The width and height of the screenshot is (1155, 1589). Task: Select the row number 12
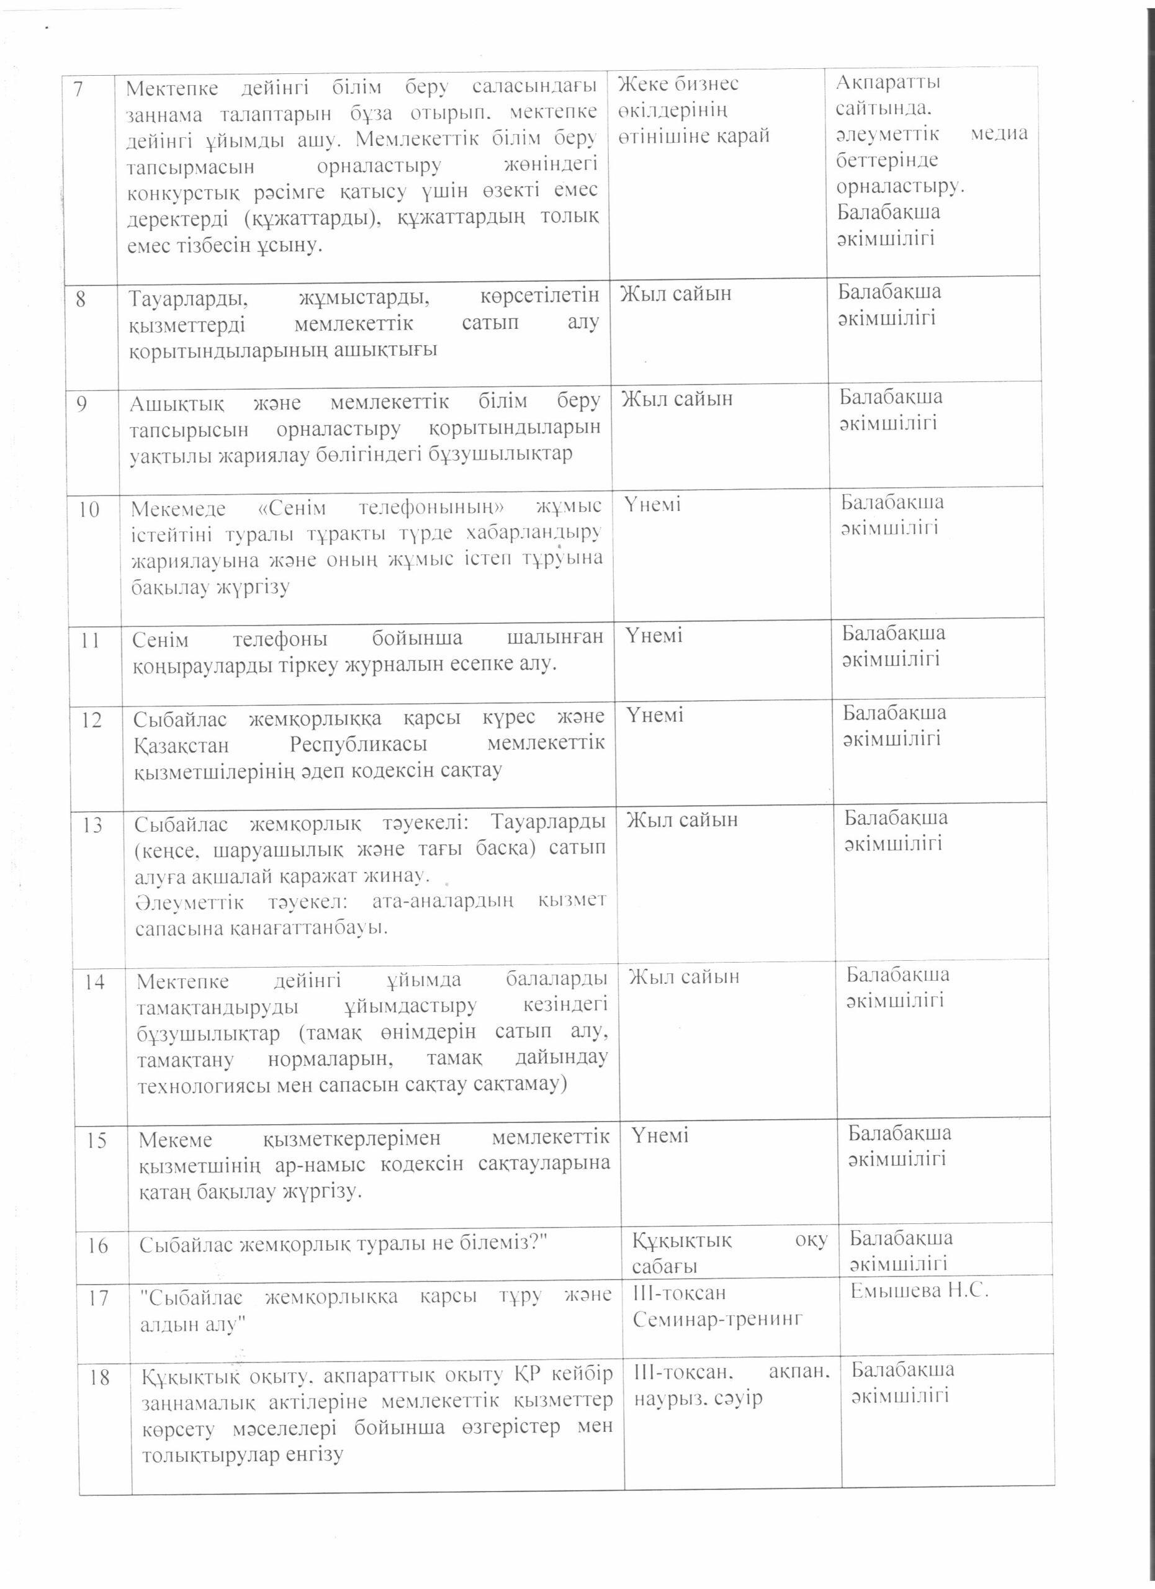(92, 719)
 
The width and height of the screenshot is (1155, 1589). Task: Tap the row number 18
(99, 1378)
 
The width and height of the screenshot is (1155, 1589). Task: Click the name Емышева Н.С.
(919, 1291)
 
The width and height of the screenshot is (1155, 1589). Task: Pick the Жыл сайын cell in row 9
(677, 398)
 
